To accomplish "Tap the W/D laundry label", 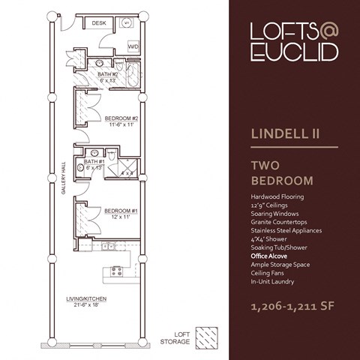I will (x=133, y=46).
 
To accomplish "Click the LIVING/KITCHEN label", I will (x=85, y=299).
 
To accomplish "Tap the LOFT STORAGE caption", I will (x=175, y=339).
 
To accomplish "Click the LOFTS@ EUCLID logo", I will (x=293, y=41).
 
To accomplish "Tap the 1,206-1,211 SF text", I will (x=293, y=307).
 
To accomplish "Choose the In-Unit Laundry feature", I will (x=273, y=281).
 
